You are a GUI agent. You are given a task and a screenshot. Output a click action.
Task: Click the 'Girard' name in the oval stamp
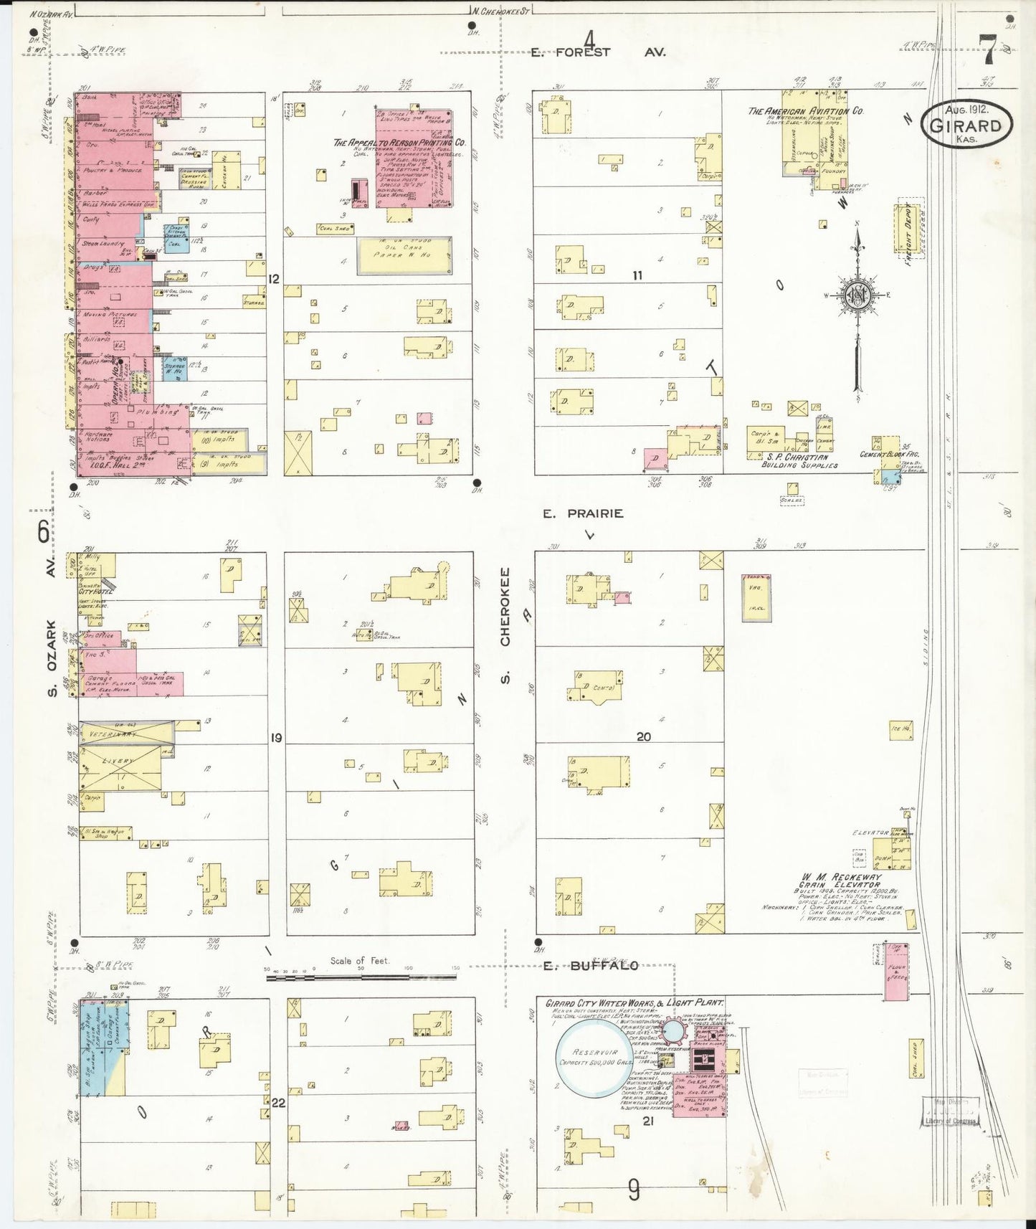[966, 126]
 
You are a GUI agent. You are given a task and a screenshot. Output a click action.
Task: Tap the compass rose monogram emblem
[857, 294]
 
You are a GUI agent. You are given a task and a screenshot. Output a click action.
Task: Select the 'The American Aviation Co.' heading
[805, 111]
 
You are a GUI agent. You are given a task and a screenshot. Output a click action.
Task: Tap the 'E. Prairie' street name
[582, 513]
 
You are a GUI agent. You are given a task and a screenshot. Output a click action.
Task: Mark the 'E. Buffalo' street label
[590, 966]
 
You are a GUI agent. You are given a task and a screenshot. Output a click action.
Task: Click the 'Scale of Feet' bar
[362, 977]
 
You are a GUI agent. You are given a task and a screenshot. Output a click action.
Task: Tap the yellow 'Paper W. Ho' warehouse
[404, 255]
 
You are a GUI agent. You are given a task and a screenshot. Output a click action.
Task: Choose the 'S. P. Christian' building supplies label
[798, 457]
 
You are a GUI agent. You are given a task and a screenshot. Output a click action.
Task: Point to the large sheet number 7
[988, 50]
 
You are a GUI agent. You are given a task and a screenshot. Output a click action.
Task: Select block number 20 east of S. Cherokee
[643, 736]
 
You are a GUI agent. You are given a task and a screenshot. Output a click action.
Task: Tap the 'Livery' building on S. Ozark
[119, 761]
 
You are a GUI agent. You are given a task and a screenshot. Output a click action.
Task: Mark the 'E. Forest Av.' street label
[599, 52]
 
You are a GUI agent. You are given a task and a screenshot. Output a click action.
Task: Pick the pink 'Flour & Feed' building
[896, 972]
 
